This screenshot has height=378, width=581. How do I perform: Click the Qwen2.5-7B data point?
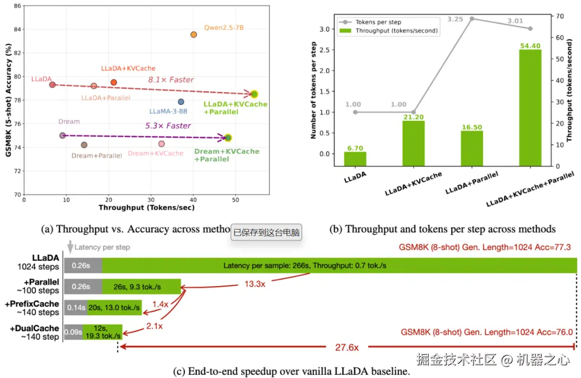[194, 34]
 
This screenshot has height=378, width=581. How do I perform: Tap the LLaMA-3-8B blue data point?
[181, 102]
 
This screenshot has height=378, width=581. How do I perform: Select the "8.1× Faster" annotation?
[171, 80]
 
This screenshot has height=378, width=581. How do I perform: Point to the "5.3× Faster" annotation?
[168, 126]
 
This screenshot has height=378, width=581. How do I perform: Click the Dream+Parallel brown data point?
[84, 145]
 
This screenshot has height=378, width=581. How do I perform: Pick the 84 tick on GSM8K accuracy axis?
[18, 29]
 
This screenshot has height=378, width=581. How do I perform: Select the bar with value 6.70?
[356, 159]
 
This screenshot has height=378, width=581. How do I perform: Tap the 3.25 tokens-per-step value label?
[455, 19]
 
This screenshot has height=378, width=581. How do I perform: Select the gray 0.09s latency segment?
[73, 332]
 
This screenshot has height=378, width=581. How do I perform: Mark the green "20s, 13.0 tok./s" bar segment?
[115, 308]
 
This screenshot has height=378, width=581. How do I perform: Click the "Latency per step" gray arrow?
[69, 247]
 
